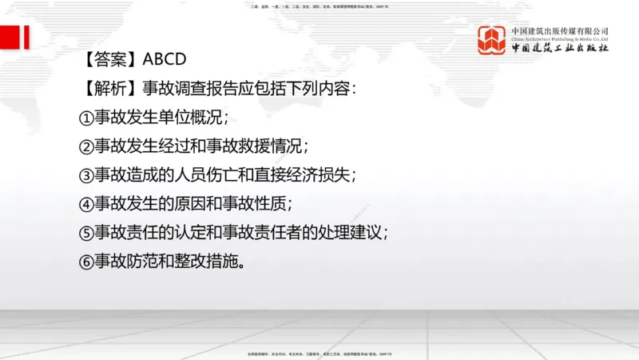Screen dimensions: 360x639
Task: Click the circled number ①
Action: pos(85,117)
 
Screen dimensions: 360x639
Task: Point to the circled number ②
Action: pos(85,146)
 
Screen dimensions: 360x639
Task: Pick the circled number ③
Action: pos(85,174)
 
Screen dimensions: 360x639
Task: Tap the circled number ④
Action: pos(85,203)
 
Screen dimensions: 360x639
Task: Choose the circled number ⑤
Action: pos(85,232)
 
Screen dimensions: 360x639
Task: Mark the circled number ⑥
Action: pos(85,261)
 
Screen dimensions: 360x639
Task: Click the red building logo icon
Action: pos(492,41)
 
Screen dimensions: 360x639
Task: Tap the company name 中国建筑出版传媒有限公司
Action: pos(560,31)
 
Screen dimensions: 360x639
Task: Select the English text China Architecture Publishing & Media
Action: pos(560,39)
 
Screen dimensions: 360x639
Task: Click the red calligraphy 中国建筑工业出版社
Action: pos(560,49)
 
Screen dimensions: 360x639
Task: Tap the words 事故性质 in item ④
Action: pos(256,203)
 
